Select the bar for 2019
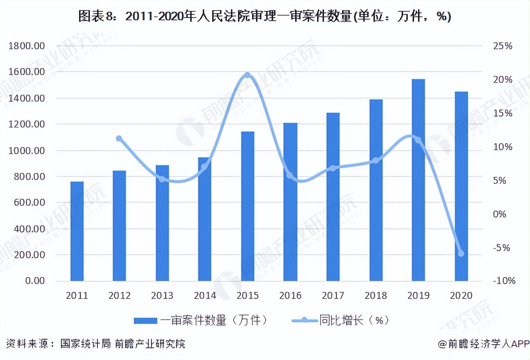coord(418,180)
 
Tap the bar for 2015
coord(248,206)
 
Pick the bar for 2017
coord(333,197)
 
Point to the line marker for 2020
coord(461,254)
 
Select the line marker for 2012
coord(119,139)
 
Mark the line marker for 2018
coord(376,160)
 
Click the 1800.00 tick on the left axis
coord(27,46)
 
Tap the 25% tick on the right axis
coord(503,46)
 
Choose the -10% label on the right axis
coord(504,281)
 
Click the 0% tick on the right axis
coord(499,214)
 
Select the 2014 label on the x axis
coord(205,295)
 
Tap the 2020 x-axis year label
coord(461,295)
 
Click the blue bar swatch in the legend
coord(145,321)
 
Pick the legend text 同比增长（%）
coord(354,320)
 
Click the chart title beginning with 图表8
coord(265,16)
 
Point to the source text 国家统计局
coord(85,344)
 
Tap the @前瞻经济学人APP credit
coord(483,344)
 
